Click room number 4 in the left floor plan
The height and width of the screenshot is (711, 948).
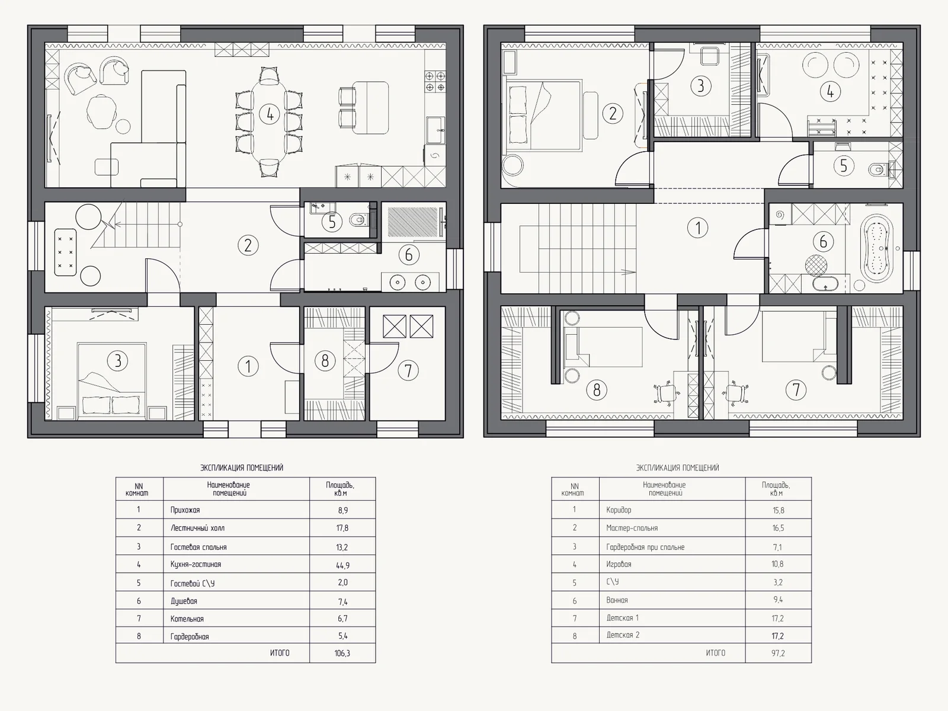point(270,114)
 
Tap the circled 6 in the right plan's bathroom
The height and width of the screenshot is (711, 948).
point(823,241)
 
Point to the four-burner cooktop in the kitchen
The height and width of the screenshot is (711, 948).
point(435,82)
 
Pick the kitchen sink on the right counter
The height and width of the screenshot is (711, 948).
point(435,130)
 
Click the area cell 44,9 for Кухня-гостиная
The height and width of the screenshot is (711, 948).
point(342,565)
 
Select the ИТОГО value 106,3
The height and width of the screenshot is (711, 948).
point(342,654)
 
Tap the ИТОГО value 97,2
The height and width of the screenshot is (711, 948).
point(778,654)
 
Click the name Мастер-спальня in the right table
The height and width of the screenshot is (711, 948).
point(632,528)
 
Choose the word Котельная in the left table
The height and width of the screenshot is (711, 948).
point(187,619)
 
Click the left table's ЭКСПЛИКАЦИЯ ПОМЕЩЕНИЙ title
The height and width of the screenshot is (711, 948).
point(241,467)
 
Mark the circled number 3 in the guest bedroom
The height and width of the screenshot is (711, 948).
point(117,360)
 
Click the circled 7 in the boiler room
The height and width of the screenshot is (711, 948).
point(408,370)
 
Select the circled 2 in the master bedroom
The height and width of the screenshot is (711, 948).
point(613,114)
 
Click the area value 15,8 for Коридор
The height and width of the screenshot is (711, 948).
point(779,510)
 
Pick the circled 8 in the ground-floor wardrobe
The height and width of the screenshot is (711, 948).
point(325,360)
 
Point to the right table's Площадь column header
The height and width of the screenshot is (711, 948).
point(776,489)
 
